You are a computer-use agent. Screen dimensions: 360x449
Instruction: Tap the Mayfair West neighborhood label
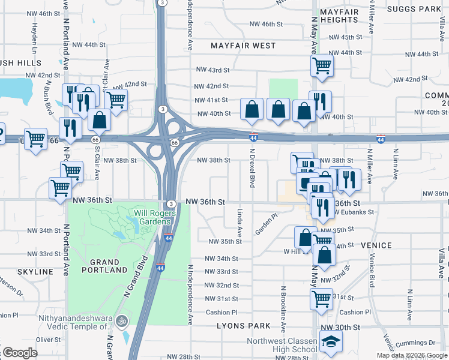243,46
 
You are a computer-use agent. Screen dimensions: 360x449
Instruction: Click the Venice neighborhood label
376,245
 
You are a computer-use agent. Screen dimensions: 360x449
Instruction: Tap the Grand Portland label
108,266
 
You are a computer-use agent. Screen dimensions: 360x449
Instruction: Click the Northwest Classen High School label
282,346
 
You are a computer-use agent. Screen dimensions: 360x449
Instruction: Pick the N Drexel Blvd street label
252,168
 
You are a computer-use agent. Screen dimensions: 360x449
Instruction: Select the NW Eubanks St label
354,212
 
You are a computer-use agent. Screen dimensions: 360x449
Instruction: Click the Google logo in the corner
20,353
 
